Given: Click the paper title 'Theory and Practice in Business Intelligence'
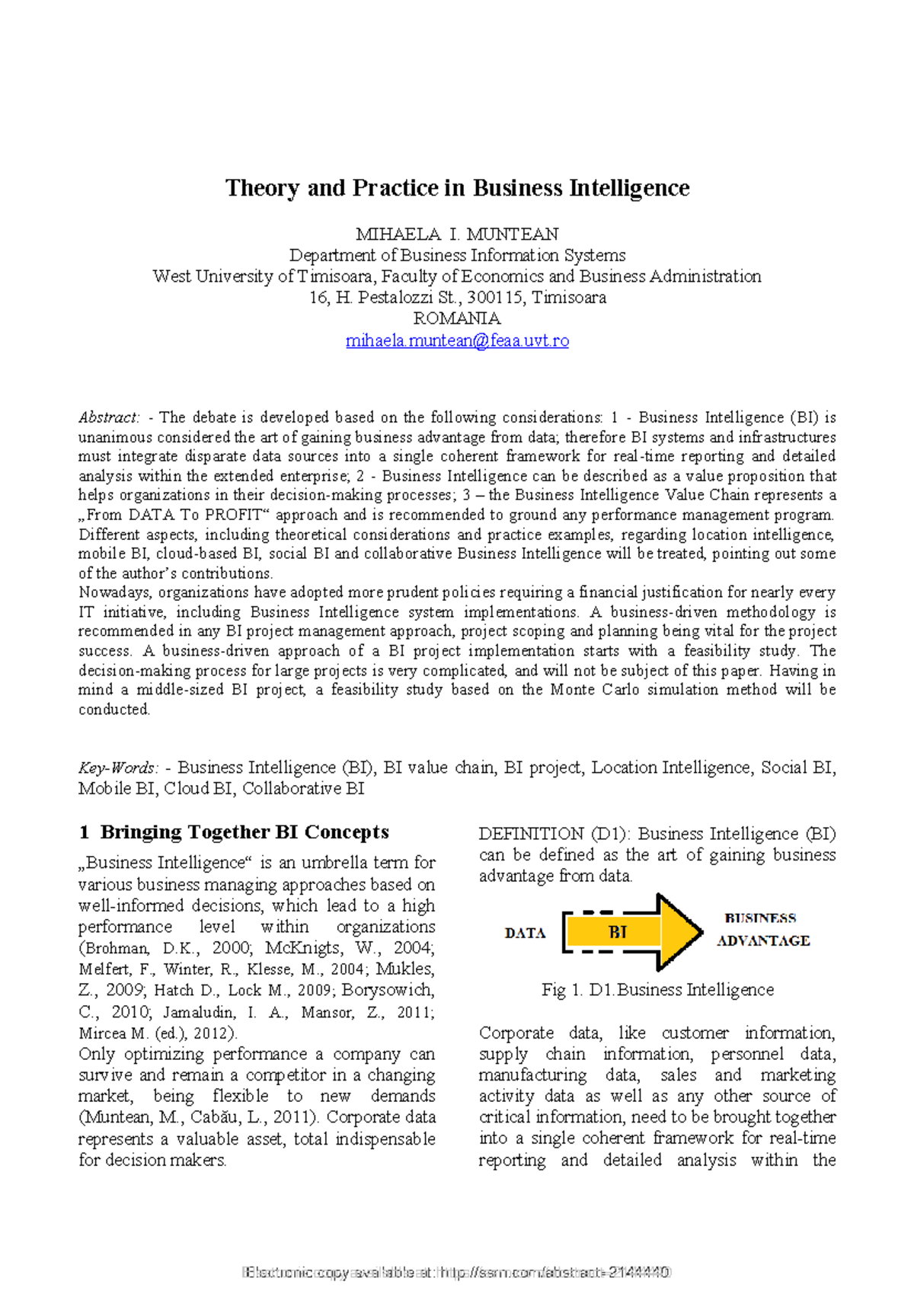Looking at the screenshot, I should point(457,188).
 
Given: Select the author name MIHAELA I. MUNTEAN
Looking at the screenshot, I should point(457,235).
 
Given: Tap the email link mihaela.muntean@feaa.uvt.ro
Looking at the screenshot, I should point(457,340).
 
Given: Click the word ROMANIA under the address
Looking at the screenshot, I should point(457,318).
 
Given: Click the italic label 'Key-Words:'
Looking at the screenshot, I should point(118,768).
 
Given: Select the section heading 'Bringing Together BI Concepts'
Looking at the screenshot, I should point(244,832).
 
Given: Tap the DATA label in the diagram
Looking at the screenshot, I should point(525,934).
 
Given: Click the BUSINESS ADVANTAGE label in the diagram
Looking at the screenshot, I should point(762,930).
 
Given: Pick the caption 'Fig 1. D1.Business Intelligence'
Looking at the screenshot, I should point(657,990).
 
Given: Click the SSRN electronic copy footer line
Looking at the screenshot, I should point(457,1272).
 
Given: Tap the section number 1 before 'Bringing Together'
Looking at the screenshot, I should point(84,832).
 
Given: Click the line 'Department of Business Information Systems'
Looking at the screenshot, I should point(457,256).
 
